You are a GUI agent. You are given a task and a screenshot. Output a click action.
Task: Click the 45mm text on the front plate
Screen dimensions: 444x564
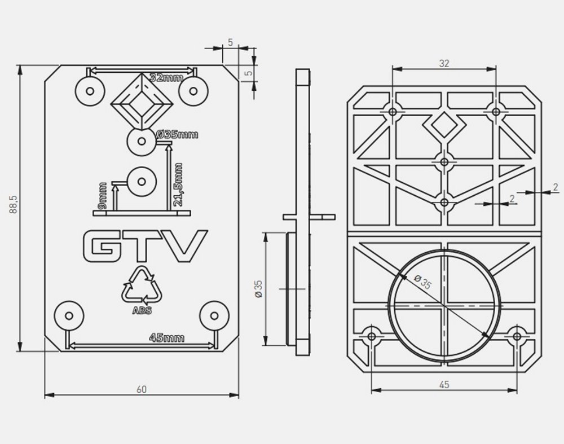pyautogui.click(x=166, y=338)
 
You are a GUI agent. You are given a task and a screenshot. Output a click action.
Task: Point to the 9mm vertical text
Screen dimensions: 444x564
pyautogui.click(x=102, y=195)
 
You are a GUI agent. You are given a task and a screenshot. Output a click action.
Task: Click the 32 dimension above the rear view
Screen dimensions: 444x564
pyautogui.click(x=444, y=64)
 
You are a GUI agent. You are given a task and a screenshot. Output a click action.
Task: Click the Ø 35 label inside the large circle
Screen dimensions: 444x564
pyautogui.click(x=422, y=283)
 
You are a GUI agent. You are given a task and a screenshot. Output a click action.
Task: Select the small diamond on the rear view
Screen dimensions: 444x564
pyautogui.click(x=444, y=126)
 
